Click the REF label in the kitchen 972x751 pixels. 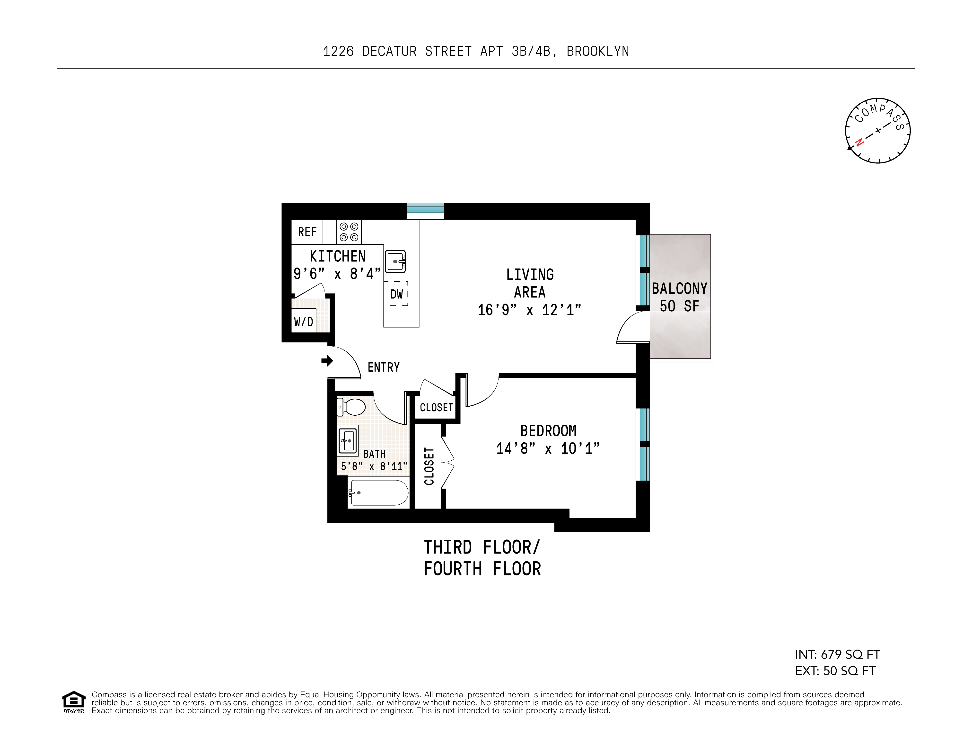point(307,232)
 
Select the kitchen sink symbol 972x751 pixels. point(395,261)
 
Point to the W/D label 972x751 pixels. point(304,322)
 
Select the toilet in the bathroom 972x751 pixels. point(352,407)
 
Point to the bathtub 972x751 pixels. point(379,493)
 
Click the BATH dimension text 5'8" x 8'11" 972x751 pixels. point(374,466)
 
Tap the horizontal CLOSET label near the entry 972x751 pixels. point(436,408)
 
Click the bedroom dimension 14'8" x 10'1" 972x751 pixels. point(548,448)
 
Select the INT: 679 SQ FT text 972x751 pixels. point(837,654)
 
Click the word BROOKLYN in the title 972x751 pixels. point(598,52)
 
